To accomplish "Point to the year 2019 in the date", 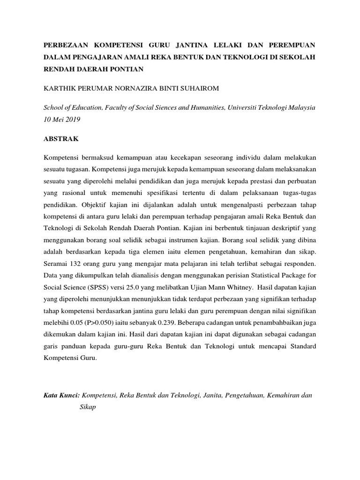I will point(73,120).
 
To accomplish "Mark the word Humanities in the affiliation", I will point(204,107).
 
